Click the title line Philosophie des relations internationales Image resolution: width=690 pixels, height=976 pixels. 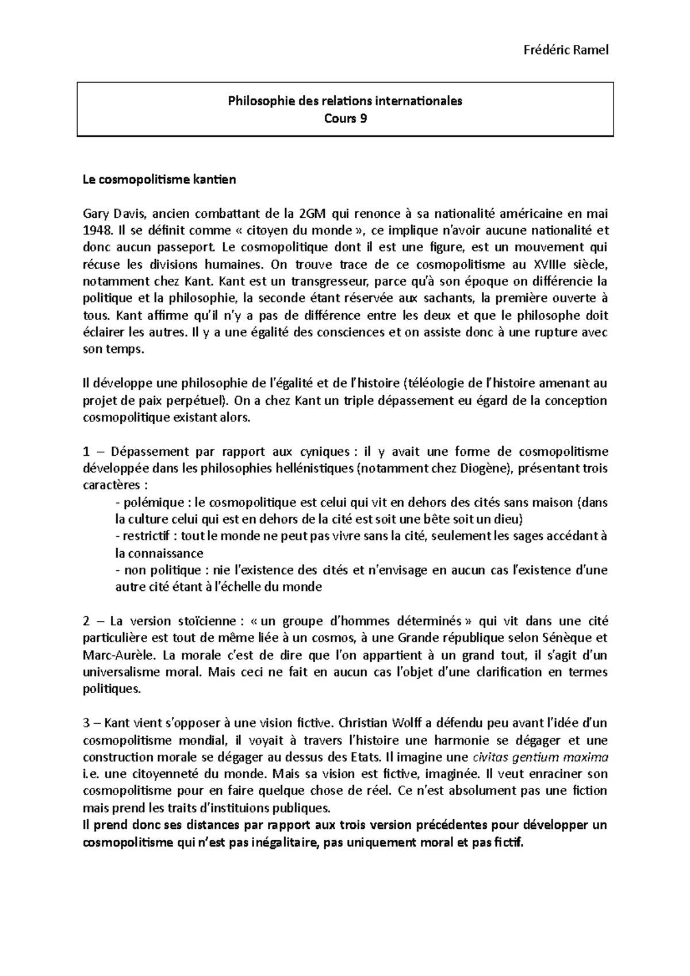[345, 101]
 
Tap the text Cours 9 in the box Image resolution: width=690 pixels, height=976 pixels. [345, 118]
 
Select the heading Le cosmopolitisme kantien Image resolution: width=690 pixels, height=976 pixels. [159, 179]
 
